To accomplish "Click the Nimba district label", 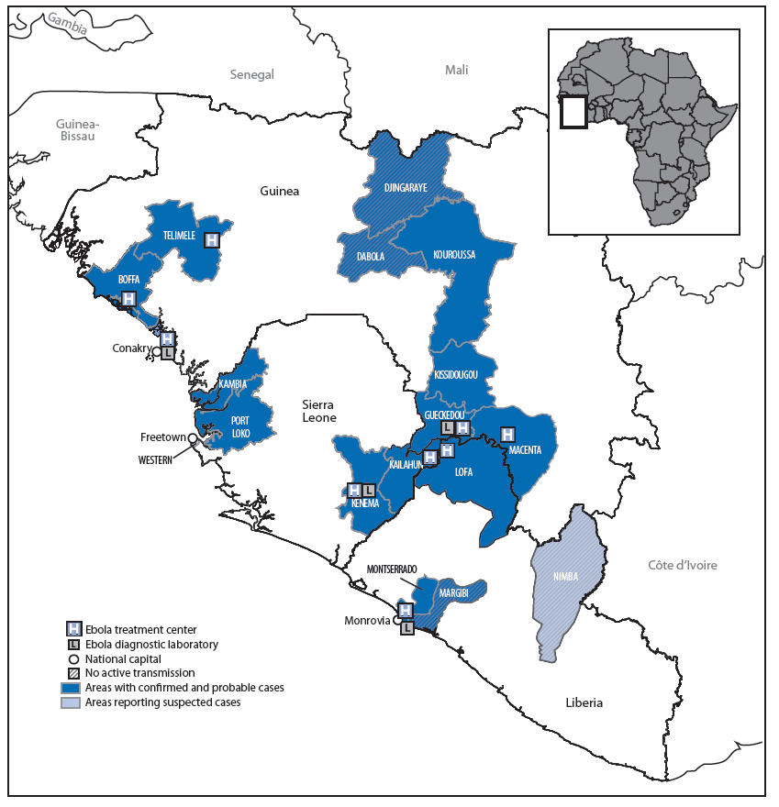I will click(565, 577).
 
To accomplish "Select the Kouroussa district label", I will click(453, 255).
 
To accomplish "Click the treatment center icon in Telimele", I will click(212, 238).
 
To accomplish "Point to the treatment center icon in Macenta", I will click(507, 435).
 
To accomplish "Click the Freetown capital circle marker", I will click(193, 438).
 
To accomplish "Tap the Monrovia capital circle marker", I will click(397, 621).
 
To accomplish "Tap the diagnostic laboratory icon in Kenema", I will click(368, 492).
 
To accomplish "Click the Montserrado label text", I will click(392, 569).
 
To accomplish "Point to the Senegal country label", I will click(251, 74).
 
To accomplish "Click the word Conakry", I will click(130, 348).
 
